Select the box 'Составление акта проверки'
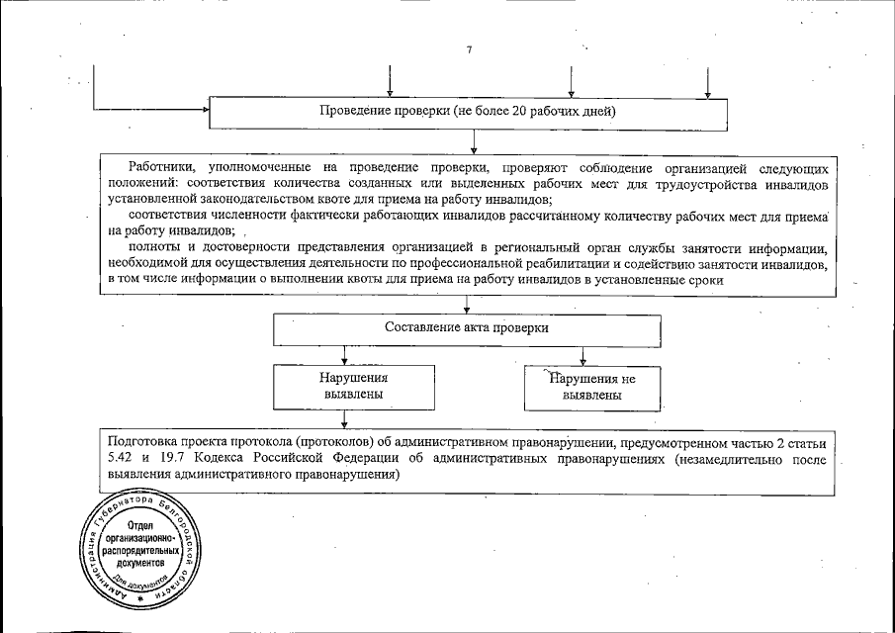[466, 327]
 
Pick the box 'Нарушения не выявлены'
[592, 386]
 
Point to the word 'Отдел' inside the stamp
[141, 523]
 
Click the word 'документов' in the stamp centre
[141, 562]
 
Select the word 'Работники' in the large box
[161, 169]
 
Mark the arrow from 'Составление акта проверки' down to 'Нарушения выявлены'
[342, 356]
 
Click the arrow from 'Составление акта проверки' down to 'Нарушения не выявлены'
[582, 356]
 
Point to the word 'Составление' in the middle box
[420, 327]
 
